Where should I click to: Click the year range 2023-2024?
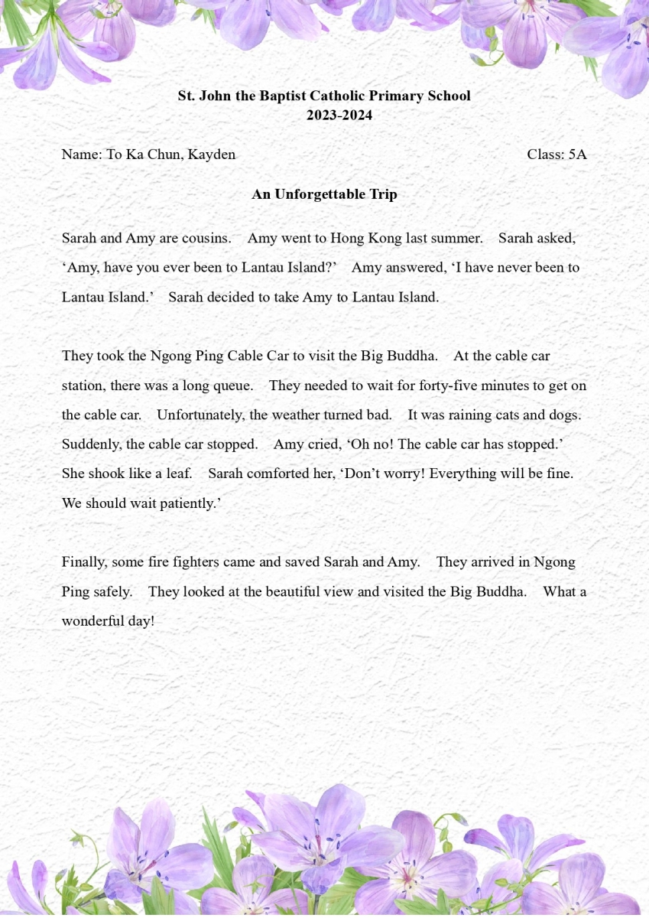[x=339, y=116]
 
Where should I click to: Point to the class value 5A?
[x=577, y=155]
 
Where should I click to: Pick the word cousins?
[x=206, y=238]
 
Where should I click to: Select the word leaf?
[x=179, y=474]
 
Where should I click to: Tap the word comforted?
[x=276, y=474]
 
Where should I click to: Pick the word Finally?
[x=84, y=562]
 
